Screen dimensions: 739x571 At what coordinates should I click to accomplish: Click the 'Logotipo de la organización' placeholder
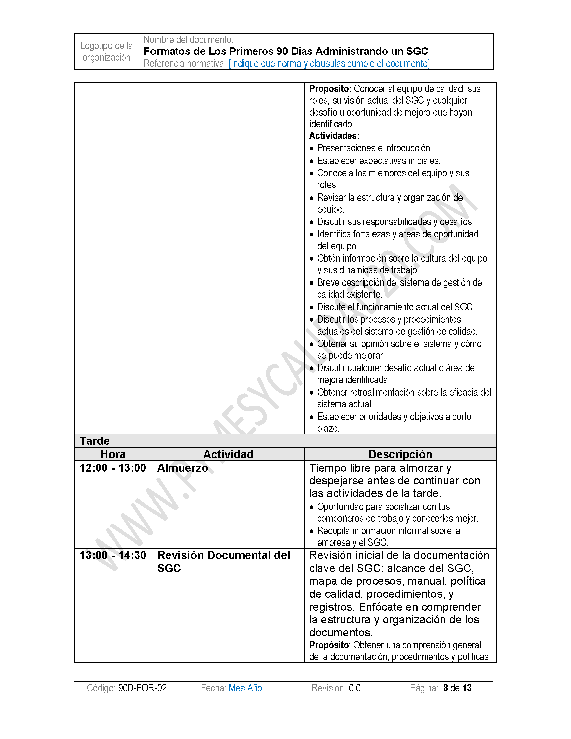(106, 51)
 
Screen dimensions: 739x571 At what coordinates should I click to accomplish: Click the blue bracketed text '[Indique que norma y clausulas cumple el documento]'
(329, 63)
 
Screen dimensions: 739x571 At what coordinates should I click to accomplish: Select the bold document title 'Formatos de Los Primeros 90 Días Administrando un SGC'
(286, 51)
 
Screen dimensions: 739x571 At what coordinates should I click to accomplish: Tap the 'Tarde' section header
(95, 441)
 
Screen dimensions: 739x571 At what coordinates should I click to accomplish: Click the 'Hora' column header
(113, 454)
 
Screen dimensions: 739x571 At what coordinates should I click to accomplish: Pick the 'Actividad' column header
(228, 454)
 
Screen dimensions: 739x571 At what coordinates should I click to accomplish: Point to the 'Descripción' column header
(400, 454)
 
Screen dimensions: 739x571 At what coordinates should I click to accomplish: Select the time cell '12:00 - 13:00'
(113, 468)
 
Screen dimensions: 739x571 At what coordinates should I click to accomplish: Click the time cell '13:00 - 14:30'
(113, 555)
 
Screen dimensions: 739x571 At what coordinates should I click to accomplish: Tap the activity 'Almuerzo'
(183, 468)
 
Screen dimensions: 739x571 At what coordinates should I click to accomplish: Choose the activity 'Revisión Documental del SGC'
(223, 562)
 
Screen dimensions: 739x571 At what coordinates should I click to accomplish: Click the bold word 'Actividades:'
(334, 136)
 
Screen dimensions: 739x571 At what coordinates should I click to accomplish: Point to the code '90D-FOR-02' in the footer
(142, 688)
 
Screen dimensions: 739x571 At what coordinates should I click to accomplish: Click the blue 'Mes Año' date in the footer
(245, 688)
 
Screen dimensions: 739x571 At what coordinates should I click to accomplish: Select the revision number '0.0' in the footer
(354, 688)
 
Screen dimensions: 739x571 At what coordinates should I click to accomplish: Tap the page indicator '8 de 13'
(457, 688)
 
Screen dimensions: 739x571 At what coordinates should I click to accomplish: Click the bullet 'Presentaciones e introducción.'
(375, 148)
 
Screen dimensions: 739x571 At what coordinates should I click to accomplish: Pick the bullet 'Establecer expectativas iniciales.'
(379, 161)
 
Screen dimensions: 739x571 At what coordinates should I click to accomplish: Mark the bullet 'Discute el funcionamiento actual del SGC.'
(396, 307)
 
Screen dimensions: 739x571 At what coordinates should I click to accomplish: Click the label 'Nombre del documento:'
(188, 40)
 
